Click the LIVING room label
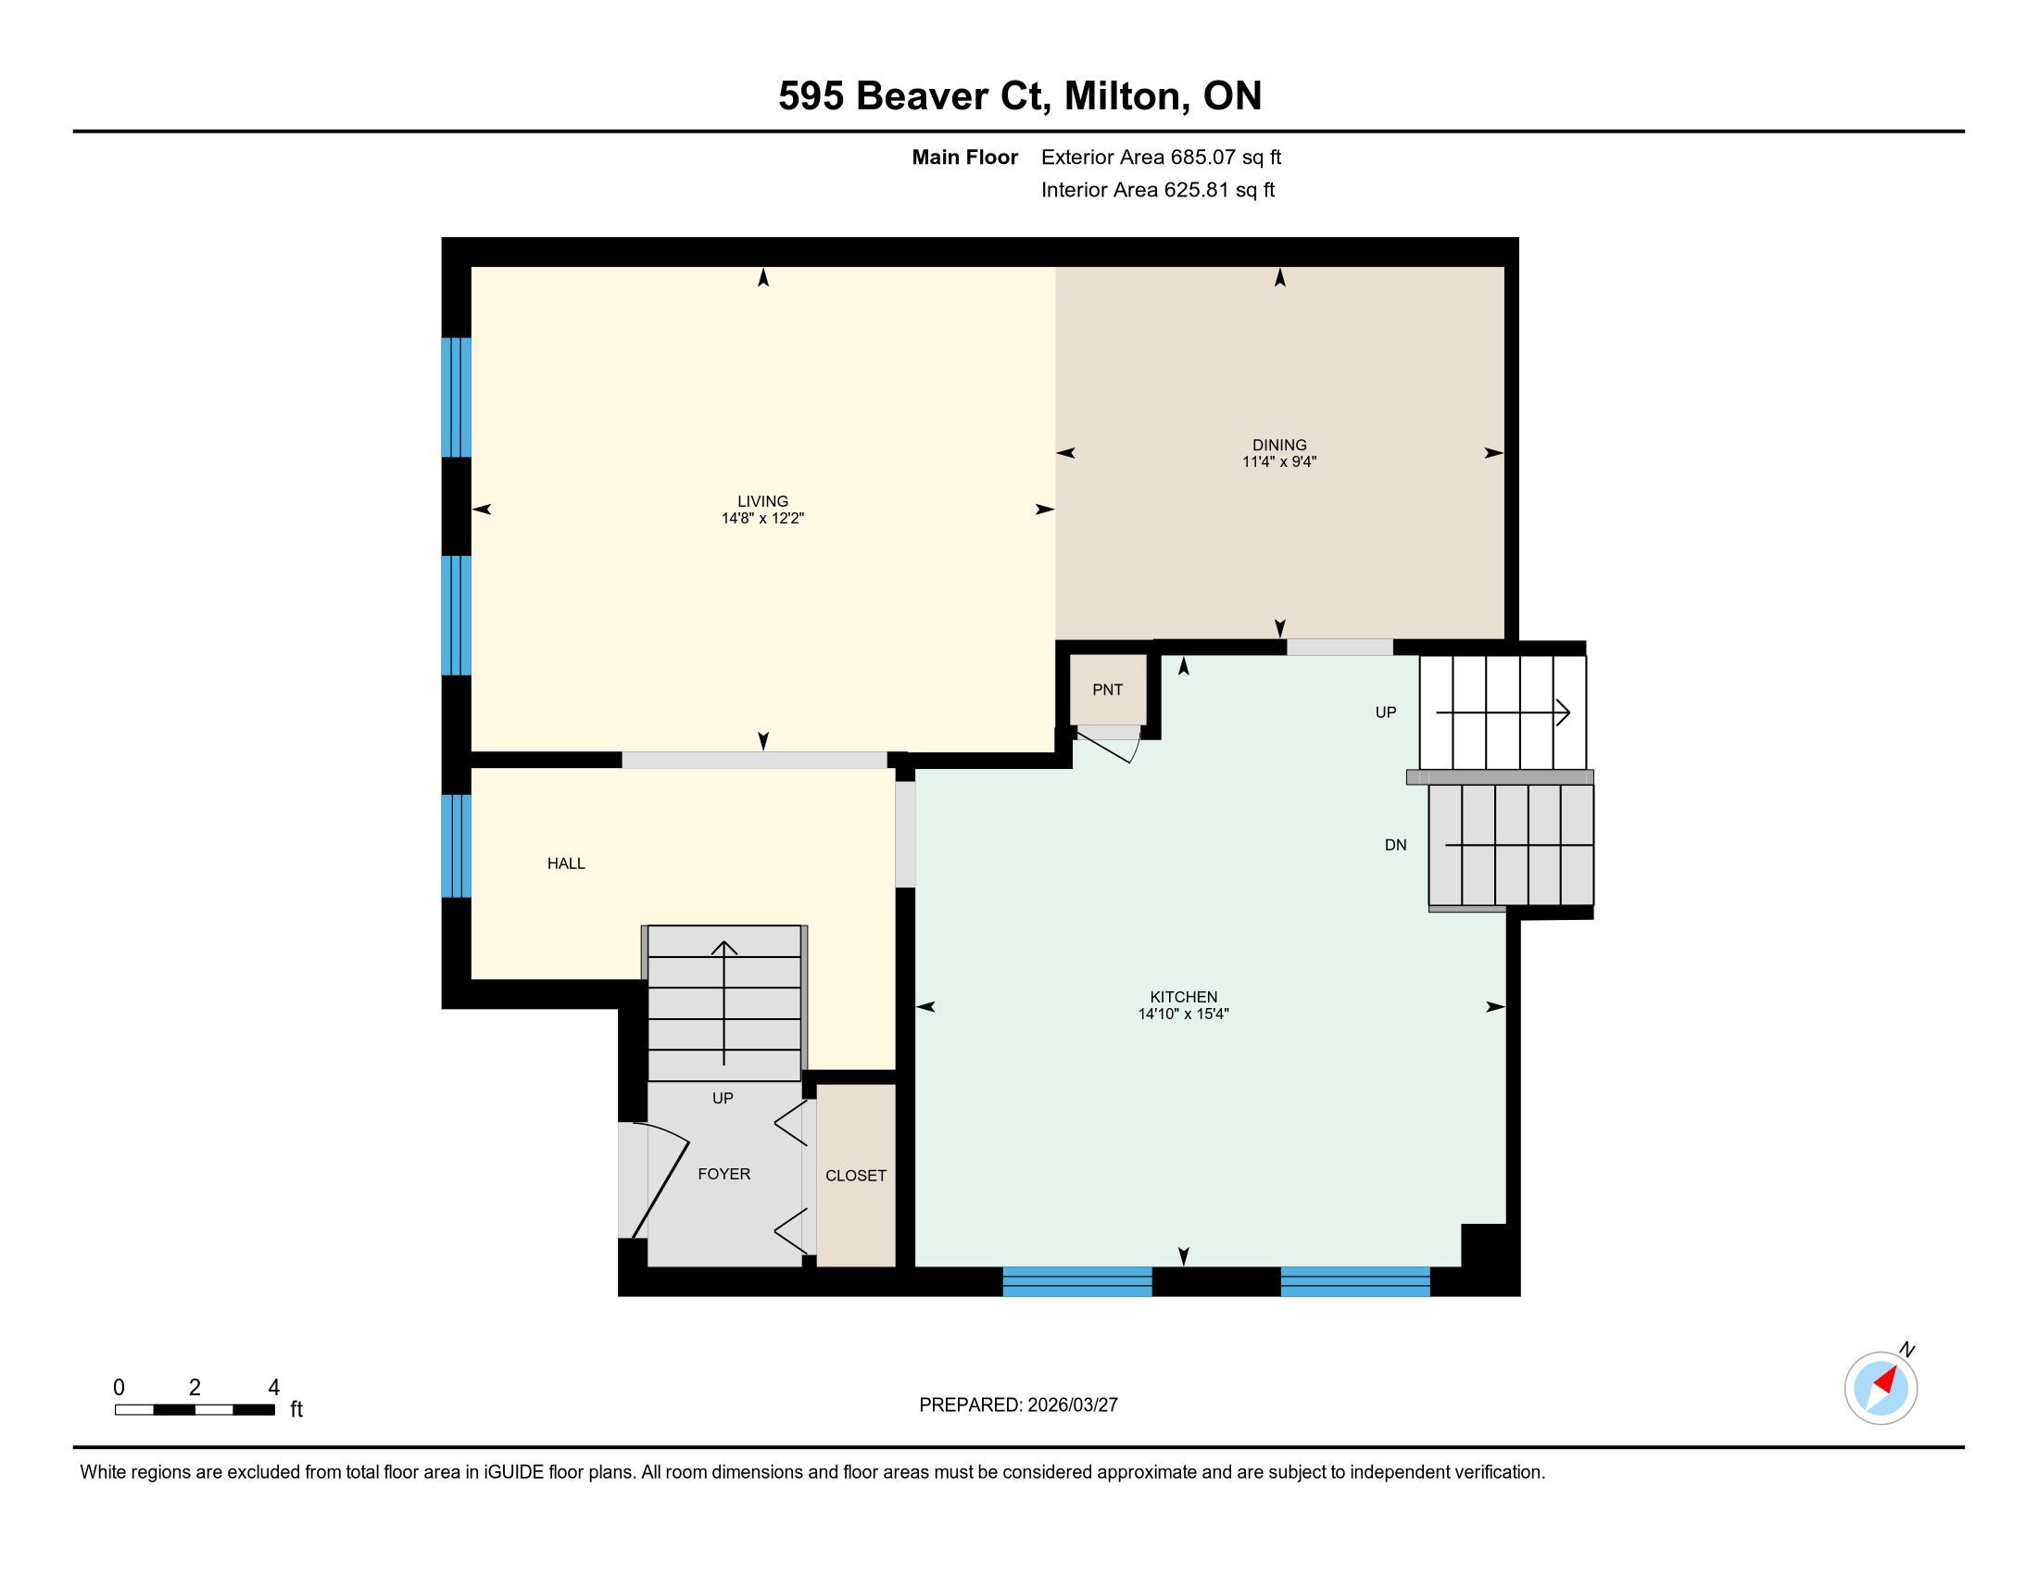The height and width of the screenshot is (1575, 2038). coord(762,501)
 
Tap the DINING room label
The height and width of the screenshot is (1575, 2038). coord(1279,445)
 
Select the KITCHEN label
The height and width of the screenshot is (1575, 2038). coord(1183,998)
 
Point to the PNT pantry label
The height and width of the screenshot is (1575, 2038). coord(1108,689)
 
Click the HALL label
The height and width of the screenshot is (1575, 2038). coord(566,864)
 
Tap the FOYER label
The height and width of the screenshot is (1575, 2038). coord(724,1174)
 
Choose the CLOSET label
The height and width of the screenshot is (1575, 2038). coord(856,1176)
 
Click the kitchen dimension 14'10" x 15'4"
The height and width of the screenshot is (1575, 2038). coord(1183,1014)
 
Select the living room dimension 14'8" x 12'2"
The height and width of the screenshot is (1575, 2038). coord(762,518)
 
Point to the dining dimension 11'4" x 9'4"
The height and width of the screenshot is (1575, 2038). coord(1279,462)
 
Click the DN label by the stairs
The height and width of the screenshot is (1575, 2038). coord(1395,845)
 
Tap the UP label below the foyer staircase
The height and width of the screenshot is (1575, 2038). coord(723,1098)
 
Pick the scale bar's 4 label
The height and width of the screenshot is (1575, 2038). coord(273,1388)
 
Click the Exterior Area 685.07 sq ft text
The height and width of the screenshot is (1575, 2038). coord(1162,157)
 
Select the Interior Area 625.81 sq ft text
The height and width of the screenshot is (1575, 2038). coord(1158,190)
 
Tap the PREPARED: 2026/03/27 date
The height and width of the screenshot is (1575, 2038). coord(1018,1405)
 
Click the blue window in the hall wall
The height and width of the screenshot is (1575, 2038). coord(457,845)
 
